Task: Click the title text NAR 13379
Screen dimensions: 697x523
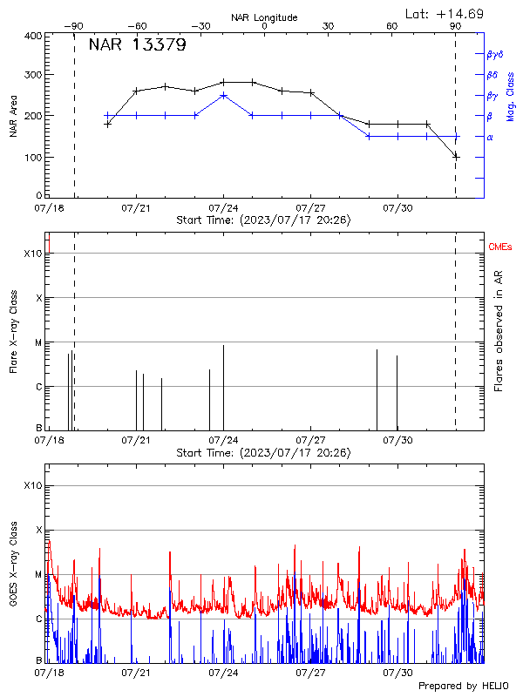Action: [x=137, y=45]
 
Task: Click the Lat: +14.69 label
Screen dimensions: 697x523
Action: [x=445, y=14]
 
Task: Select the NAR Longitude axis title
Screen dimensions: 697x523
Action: [x=264, y=17]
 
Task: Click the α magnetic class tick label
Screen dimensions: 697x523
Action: [x=489, y=137]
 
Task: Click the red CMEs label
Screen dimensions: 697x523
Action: [x=500, y=248]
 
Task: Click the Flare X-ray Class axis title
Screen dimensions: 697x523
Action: [x=13, y=332]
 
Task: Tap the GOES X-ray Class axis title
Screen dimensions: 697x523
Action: [x=13, y=564]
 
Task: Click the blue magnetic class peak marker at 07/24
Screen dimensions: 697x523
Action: [x=224, y=95]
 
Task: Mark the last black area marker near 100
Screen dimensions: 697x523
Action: [x=456, y=156]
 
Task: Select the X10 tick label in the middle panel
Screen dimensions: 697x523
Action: [x=32, y=254]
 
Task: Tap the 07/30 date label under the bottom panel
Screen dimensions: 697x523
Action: [x=398, y=673]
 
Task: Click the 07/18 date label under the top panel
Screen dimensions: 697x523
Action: [x=49, y=209]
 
